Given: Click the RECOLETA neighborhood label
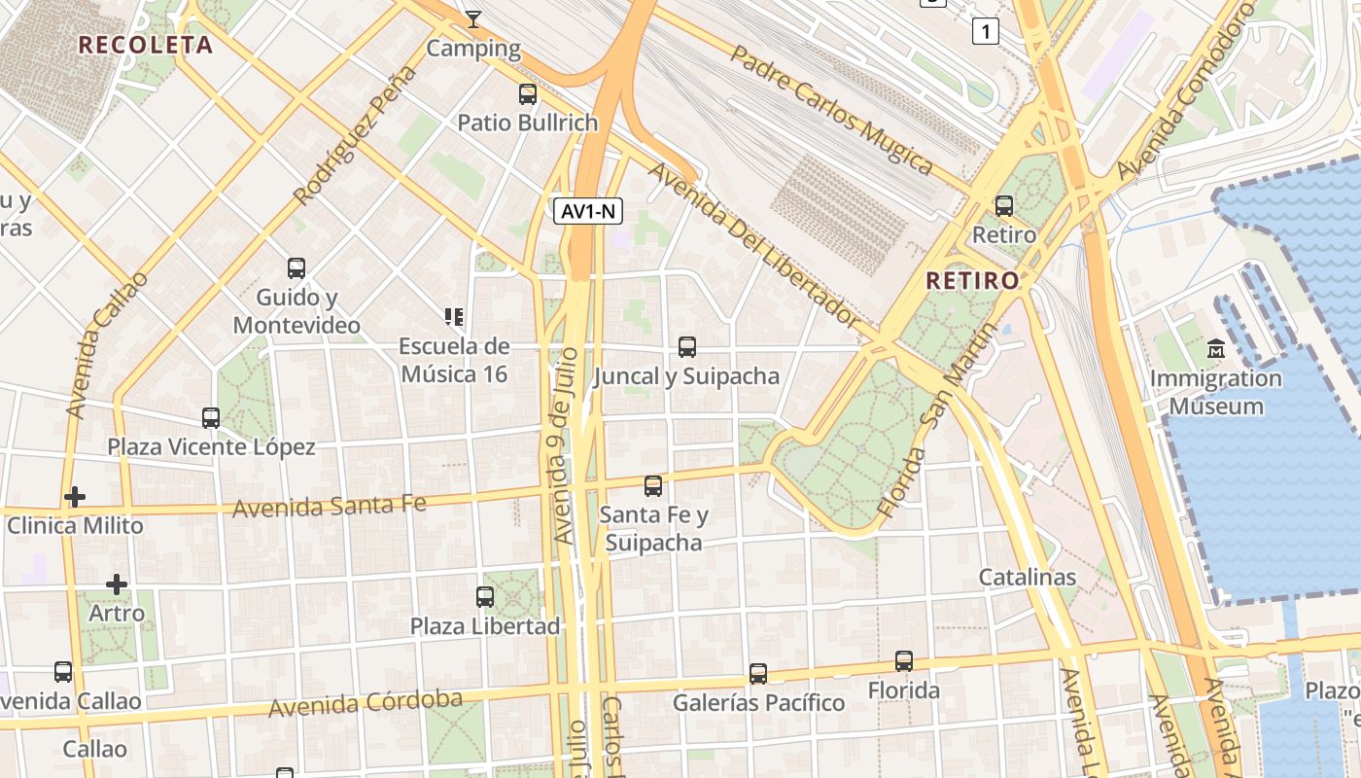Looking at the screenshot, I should pyautogui.click(x=145, y=45).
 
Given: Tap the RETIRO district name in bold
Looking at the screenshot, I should pyautogui.click(x=972, y=281).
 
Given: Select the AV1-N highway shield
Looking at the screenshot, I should pyautogui.click(x=588, y=211).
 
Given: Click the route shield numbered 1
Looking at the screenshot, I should pyautogui.click(x=986, y=32).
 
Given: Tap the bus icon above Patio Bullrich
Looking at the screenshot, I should pyautogui.click(x=528, y=94).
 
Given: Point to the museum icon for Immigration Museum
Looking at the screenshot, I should pyautogui.click(x=1215, y=348).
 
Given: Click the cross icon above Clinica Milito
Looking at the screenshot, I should pyautogui.click(x=75, y=497).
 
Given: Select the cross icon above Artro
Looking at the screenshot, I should pyautogui.click(x=117, y=584).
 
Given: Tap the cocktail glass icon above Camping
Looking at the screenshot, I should pyautogui.click(x=473, y=18).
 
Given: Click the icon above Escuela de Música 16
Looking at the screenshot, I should pyautogui.click(x=453, y=316).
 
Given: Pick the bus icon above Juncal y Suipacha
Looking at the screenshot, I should pyautogui.click(x=686, y=346).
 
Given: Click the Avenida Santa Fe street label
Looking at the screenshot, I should pyautogui.click(x=330, y=506).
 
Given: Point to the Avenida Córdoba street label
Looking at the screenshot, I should pyautogui.click(x=366, y=703).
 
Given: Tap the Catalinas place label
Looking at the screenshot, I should pyautogui.click(x=1027, y=577).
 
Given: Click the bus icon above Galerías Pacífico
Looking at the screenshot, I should pyautogui.click(x=758, y=673).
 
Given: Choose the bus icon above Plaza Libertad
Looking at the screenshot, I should pyautogui.click(x=485, y=596).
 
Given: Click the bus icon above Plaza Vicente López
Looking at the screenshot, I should pyautogui.click(x=211, y=418).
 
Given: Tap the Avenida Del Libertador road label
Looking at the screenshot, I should pyautogui.click(x=754, y=245).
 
